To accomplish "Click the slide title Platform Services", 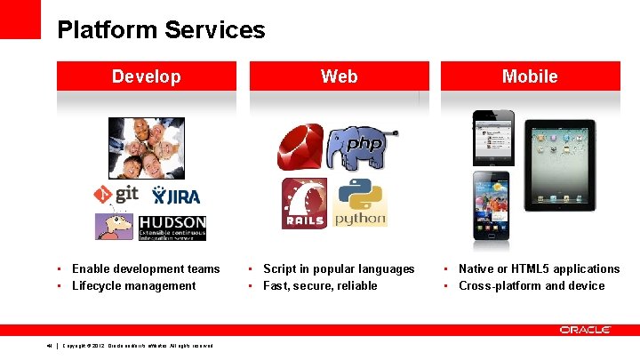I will (161, 30).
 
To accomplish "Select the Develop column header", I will (146, 76).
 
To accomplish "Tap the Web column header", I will (339, 76).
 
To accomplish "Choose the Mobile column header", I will (530, 76).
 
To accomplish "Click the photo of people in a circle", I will (147, 148).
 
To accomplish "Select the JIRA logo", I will (176, 196).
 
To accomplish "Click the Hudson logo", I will (150, 228).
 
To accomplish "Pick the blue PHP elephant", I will (360, 148).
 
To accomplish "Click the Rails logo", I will (304, 203).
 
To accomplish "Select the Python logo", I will (360, 203).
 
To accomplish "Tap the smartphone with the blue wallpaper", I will (491, 205).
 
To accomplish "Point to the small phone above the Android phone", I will (492, 137).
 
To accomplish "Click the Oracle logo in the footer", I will (585, 330).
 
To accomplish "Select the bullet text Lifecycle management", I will (133, 285).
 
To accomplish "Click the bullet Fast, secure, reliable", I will (320, 285).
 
